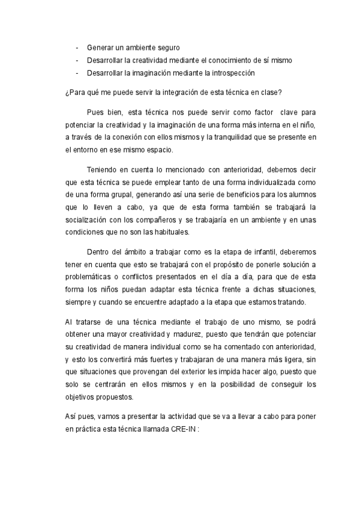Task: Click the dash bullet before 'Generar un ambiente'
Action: click(x=77, y=47)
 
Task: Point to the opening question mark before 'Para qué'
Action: click(x=66, y=92)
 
